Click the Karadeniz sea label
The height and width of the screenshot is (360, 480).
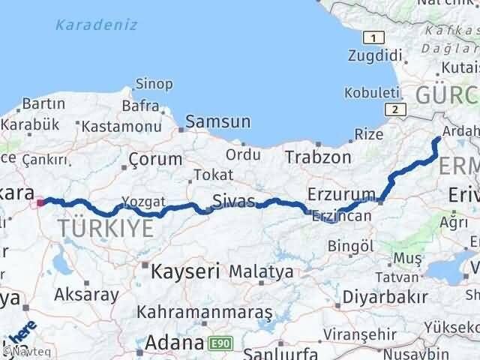tap(96, 25)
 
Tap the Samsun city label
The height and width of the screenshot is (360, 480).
tap(218, 121)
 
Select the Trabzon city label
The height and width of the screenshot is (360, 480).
tap(318, 157)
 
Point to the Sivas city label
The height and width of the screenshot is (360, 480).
tap(234, 200)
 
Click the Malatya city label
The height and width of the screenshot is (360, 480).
tap(262, 271)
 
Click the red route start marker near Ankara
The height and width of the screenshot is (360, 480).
tap(40, 201)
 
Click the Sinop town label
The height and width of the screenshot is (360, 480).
tap(154, 84)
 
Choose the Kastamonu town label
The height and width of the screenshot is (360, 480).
tap(121, 127)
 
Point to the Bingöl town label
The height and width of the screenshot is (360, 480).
tap(351, 245)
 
